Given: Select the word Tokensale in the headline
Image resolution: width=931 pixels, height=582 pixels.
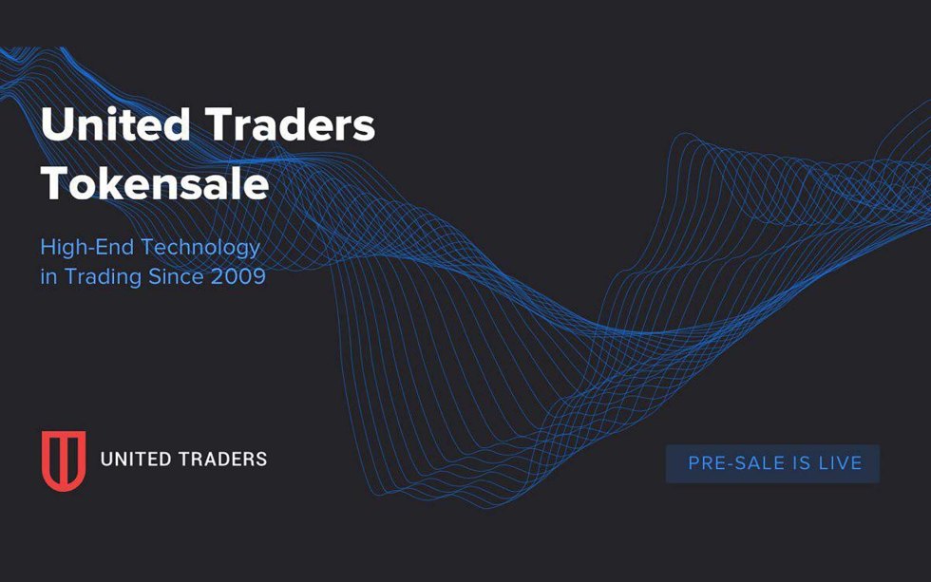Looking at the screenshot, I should click(155, 183).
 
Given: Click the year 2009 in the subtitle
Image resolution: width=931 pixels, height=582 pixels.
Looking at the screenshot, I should click(239, 278).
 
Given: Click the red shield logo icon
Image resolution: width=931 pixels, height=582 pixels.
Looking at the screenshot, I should click(64, 460).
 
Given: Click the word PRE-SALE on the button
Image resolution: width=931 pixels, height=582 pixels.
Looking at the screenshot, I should click(731, 463).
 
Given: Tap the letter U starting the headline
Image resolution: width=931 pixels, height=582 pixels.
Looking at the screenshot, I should click(56, 126).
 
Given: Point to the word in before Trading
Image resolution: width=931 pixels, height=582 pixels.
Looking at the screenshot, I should click(47, 278).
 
